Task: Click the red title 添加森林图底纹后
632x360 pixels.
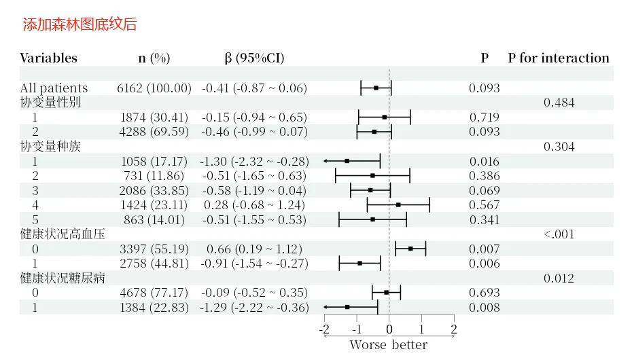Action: coord(80,24)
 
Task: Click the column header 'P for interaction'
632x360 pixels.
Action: coord(558,58)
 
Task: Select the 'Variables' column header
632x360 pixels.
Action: coord(48,58)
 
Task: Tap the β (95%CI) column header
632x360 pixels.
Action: coord(254,58)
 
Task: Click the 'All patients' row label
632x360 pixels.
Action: coord(54,88)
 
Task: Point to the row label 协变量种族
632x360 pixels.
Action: coord(50,146)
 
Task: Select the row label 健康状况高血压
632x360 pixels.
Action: coord(63,234)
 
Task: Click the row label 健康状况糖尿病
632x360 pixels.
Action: coord(63,278)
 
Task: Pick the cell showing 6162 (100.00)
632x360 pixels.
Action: coord(154,88)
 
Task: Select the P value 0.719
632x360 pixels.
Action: coord(484,117)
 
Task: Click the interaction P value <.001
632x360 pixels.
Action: coord(559,234)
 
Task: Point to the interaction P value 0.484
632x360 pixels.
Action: coord(559,103)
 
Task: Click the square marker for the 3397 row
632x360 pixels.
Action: coord(410,249)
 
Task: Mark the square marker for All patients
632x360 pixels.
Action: coord(376,88)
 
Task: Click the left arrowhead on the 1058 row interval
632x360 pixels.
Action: coord(326,161)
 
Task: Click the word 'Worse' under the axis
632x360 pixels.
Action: coord(367,345)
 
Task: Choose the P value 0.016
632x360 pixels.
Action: coord(484,161)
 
